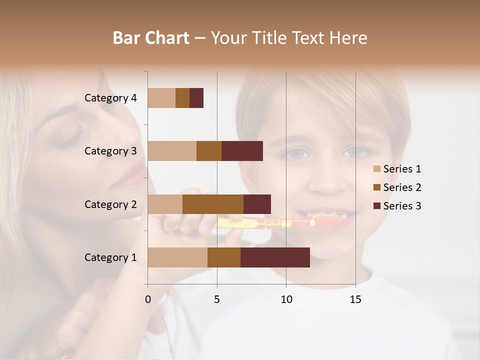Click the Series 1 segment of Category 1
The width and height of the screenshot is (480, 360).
177,257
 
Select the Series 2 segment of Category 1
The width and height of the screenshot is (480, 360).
224,257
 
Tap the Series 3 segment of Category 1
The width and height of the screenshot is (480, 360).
275,257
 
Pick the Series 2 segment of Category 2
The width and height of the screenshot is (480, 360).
213,204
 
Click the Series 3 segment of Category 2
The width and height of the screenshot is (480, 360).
257,204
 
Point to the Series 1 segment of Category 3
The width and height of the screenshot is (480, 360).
172,151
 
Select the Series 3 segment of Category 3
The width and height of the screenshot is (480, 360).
242,151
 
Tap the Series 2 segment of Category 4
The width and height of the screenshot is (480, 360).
182,98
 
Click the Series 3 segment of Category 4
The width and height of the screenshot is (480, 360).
196,98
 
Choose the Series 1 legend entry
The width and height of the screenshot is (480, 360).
402,169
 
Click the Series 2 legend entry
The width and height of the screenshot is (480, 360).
402,187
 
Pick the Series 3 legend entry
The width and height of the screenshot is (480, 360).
402,206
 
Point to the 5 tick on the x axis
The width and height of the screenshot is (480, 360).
217,299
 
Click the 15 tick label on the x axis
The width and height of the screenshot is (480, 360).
355,299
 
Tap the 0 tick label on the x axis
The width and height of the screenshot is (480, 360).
148,299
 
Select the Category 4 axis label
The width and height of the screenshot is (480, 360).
110,98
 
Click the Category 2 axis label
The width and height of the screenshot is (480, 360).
110,204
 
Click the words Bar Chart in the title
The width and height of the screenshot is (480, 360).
151,38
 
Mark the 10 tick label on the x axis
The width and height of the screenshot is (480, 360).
286,299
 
